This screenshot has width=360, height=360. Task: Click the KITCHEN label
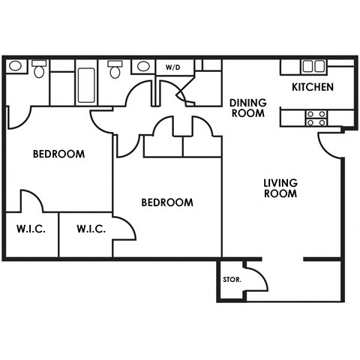click(313, 87)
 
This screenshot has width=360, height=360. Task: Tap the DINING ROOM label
click(247, 108)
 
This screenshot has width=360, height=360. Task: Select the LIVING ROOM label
click(280, 187)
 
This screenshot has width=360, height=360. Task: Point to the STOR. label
click(232, 280)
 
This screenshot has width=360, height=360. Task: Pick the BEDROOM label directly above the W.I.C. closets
click(58, 154)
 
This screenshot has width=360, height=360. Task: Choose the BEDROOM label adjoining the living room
click(167, 202)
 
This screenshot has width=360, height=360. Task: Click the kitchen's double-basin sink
click(313, 66)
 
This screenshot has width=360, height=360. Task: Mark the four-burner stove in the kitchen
click(316, 117)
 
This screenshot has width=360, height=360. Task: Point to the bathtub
click(85, 85)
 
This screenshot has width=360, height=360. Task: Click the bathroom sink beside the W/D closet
click(141, 67)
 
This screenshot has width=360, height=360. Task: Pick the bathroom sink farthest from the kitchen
click(15, 67)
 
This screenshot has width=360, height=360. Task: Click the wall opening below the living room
click(283, 259)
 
